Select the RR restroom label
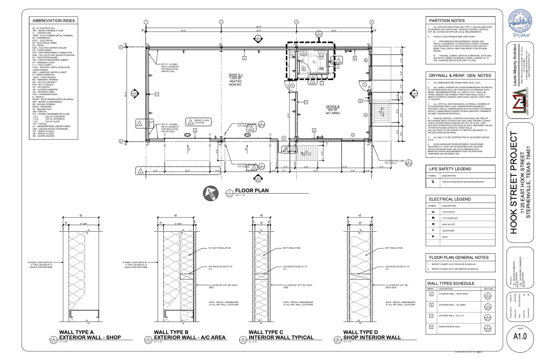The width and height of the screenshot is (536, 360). (321, 68)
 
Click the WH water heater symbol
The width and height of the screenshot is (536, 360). (292, 55)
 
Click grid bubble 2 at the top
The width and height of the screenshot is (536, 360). (221, 22)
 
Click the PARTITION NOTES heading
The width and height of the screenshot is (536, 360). (447, 20)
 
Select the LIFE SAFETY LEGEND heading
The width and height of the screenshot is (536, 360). (450, 169)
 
